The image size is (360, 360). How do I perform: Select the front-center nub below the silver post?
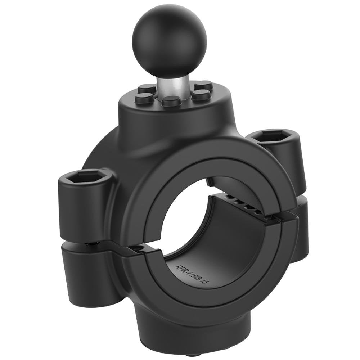[x=171, y=101]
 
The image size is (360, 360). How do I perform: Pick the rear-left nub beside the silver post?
[x=147, y=88]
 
